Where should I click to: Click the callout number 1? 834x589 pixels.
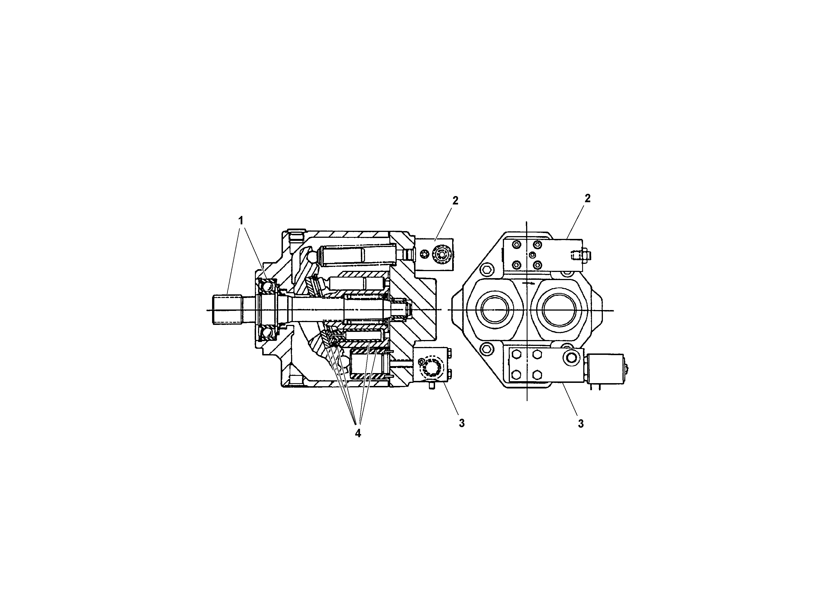point(240,220)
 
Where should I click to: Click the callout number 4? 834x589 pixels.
point(358,433)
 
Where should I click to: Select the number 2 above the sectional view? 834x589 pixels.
point(455,201)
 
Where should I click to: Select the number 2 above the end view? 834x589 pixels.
point(587,198)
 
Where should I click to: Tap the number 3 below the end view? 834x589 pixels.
point(580,423)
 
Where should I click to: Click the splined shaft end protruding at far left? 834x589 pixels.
point(227,310)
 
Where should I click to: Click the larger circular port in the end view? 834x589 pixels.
point(559,310)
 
